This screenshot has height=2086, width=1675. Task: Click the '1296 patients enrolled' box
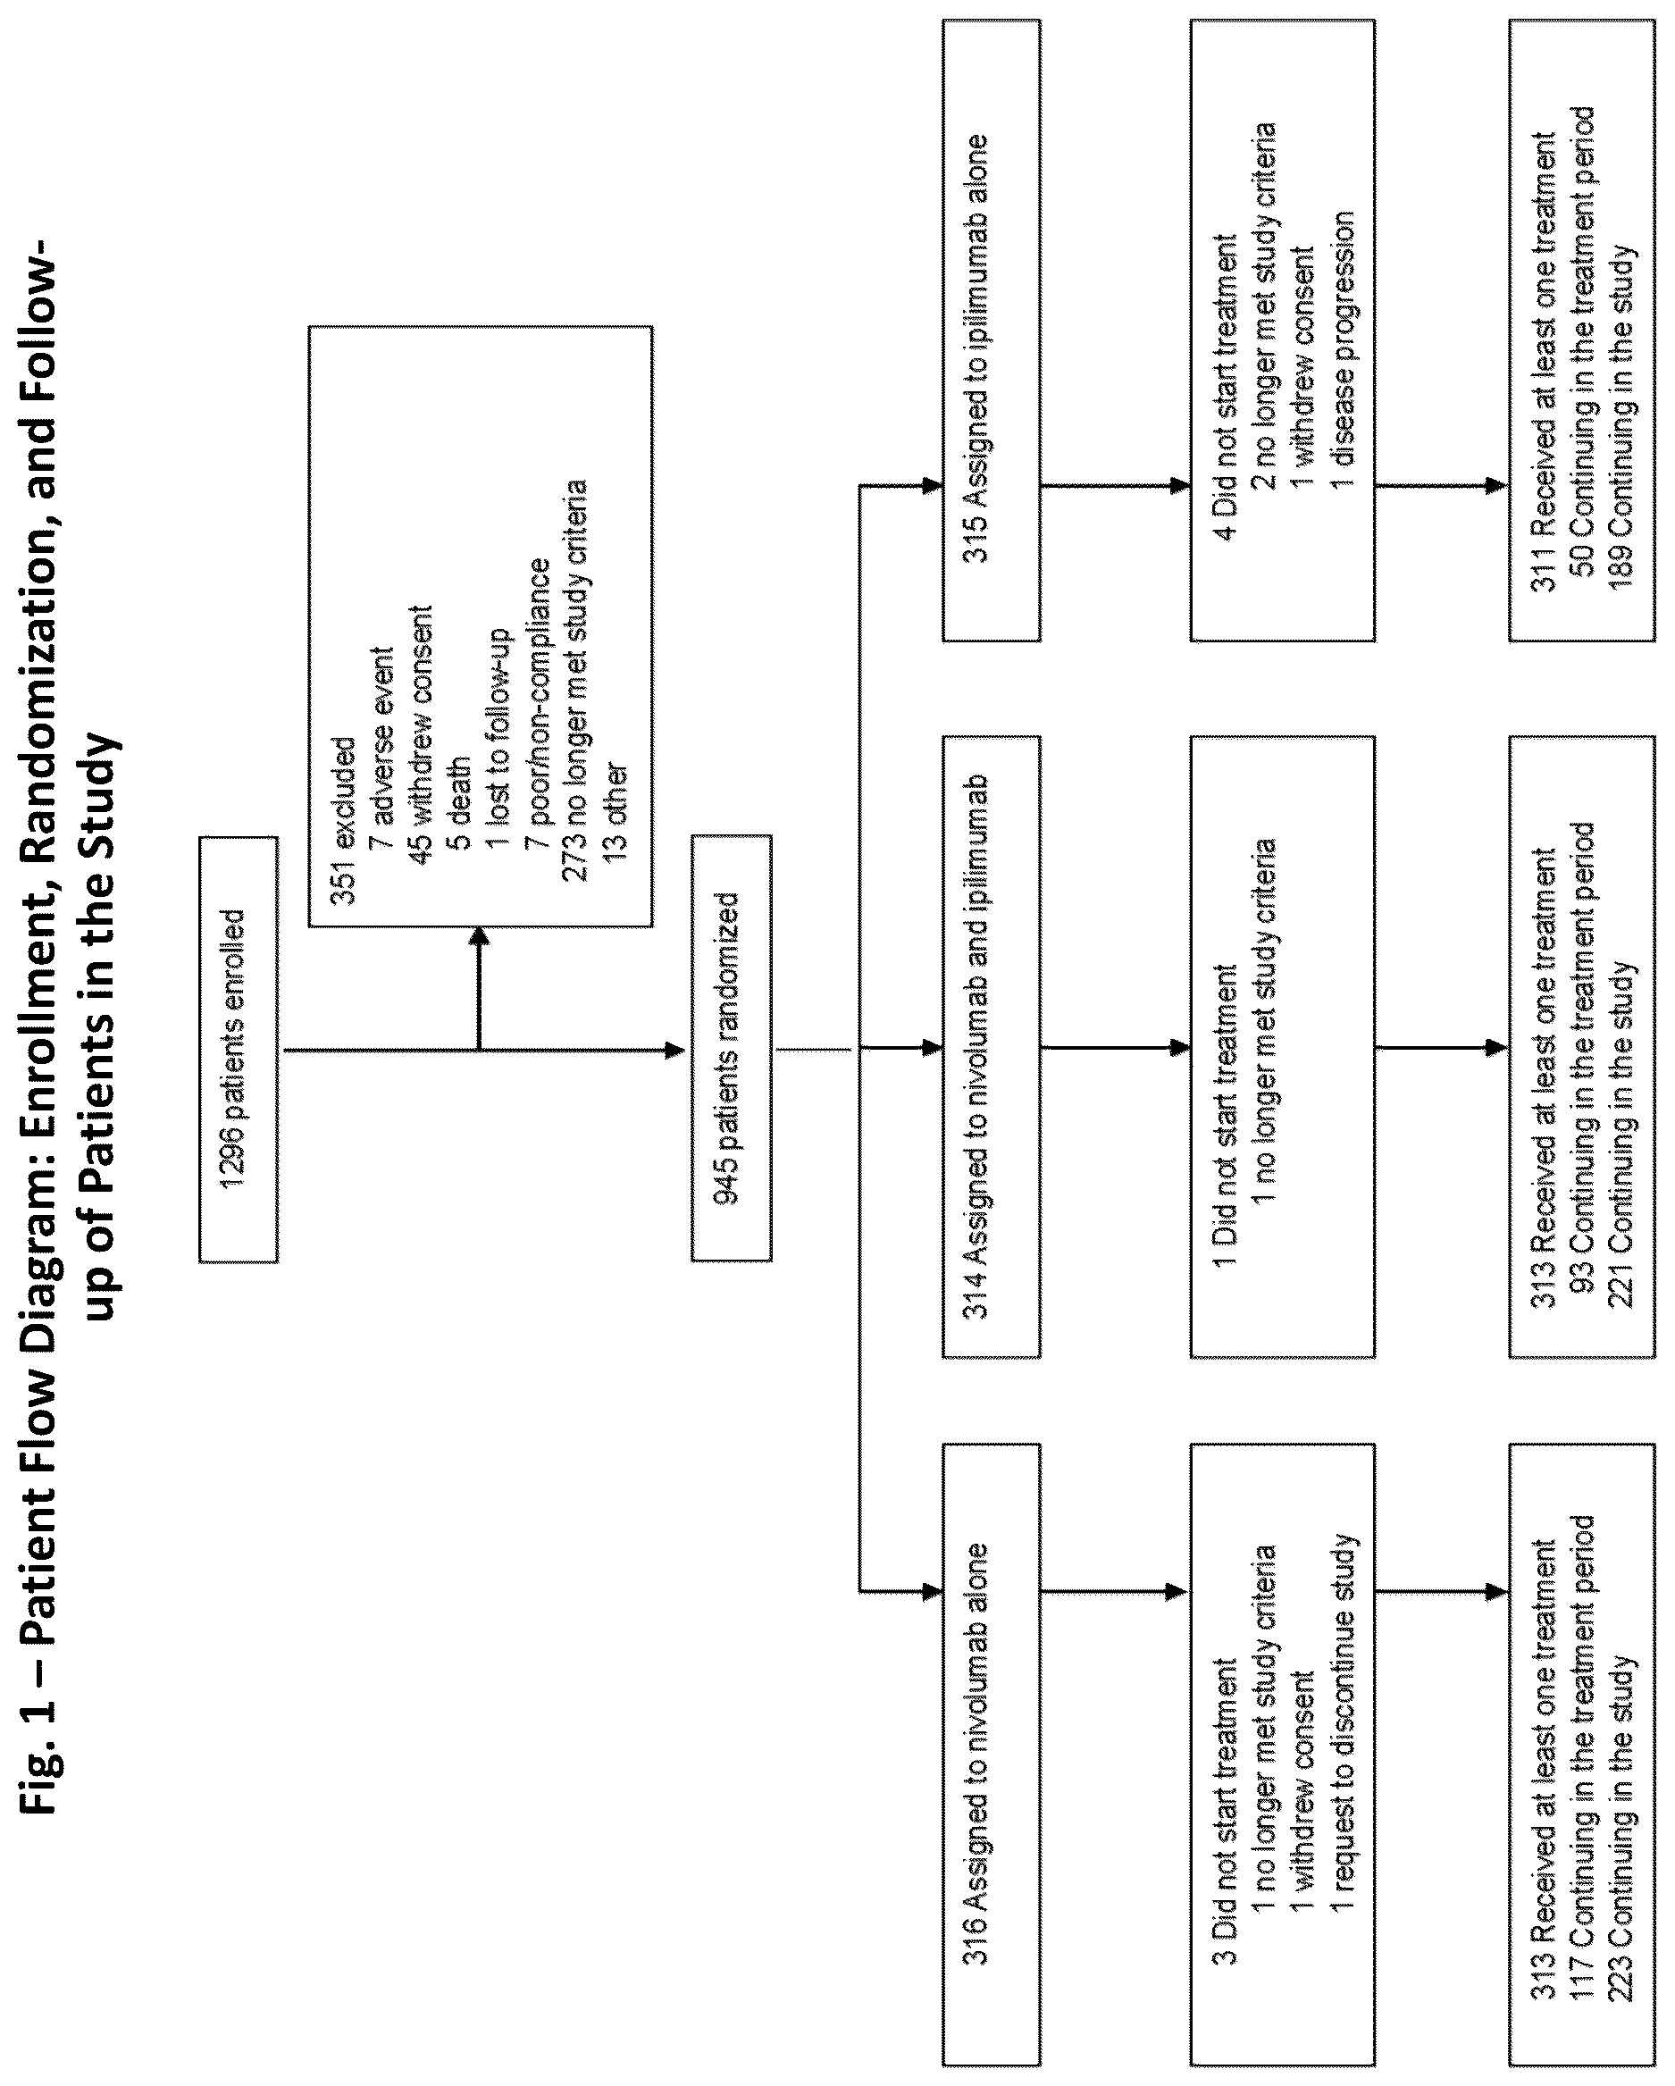point(238,1049)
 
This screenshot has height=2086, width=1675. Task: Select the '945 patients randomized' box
point(732,1048)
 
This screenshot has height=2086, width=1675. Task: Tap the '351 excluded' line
point(345,820)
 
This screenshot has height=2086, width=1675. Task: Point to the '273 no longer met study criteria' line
point(574,680)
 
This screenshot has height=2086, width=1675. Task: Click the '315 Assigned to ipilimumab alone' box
point(992,330)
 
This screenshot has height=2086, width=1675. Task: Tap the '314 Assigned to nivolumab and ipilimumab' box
point(992,1046)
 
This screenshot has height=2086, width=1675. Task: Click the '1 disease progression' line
point(1341,351)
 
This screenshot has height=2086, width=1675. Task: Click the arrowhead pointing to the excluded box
point(480,936)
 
